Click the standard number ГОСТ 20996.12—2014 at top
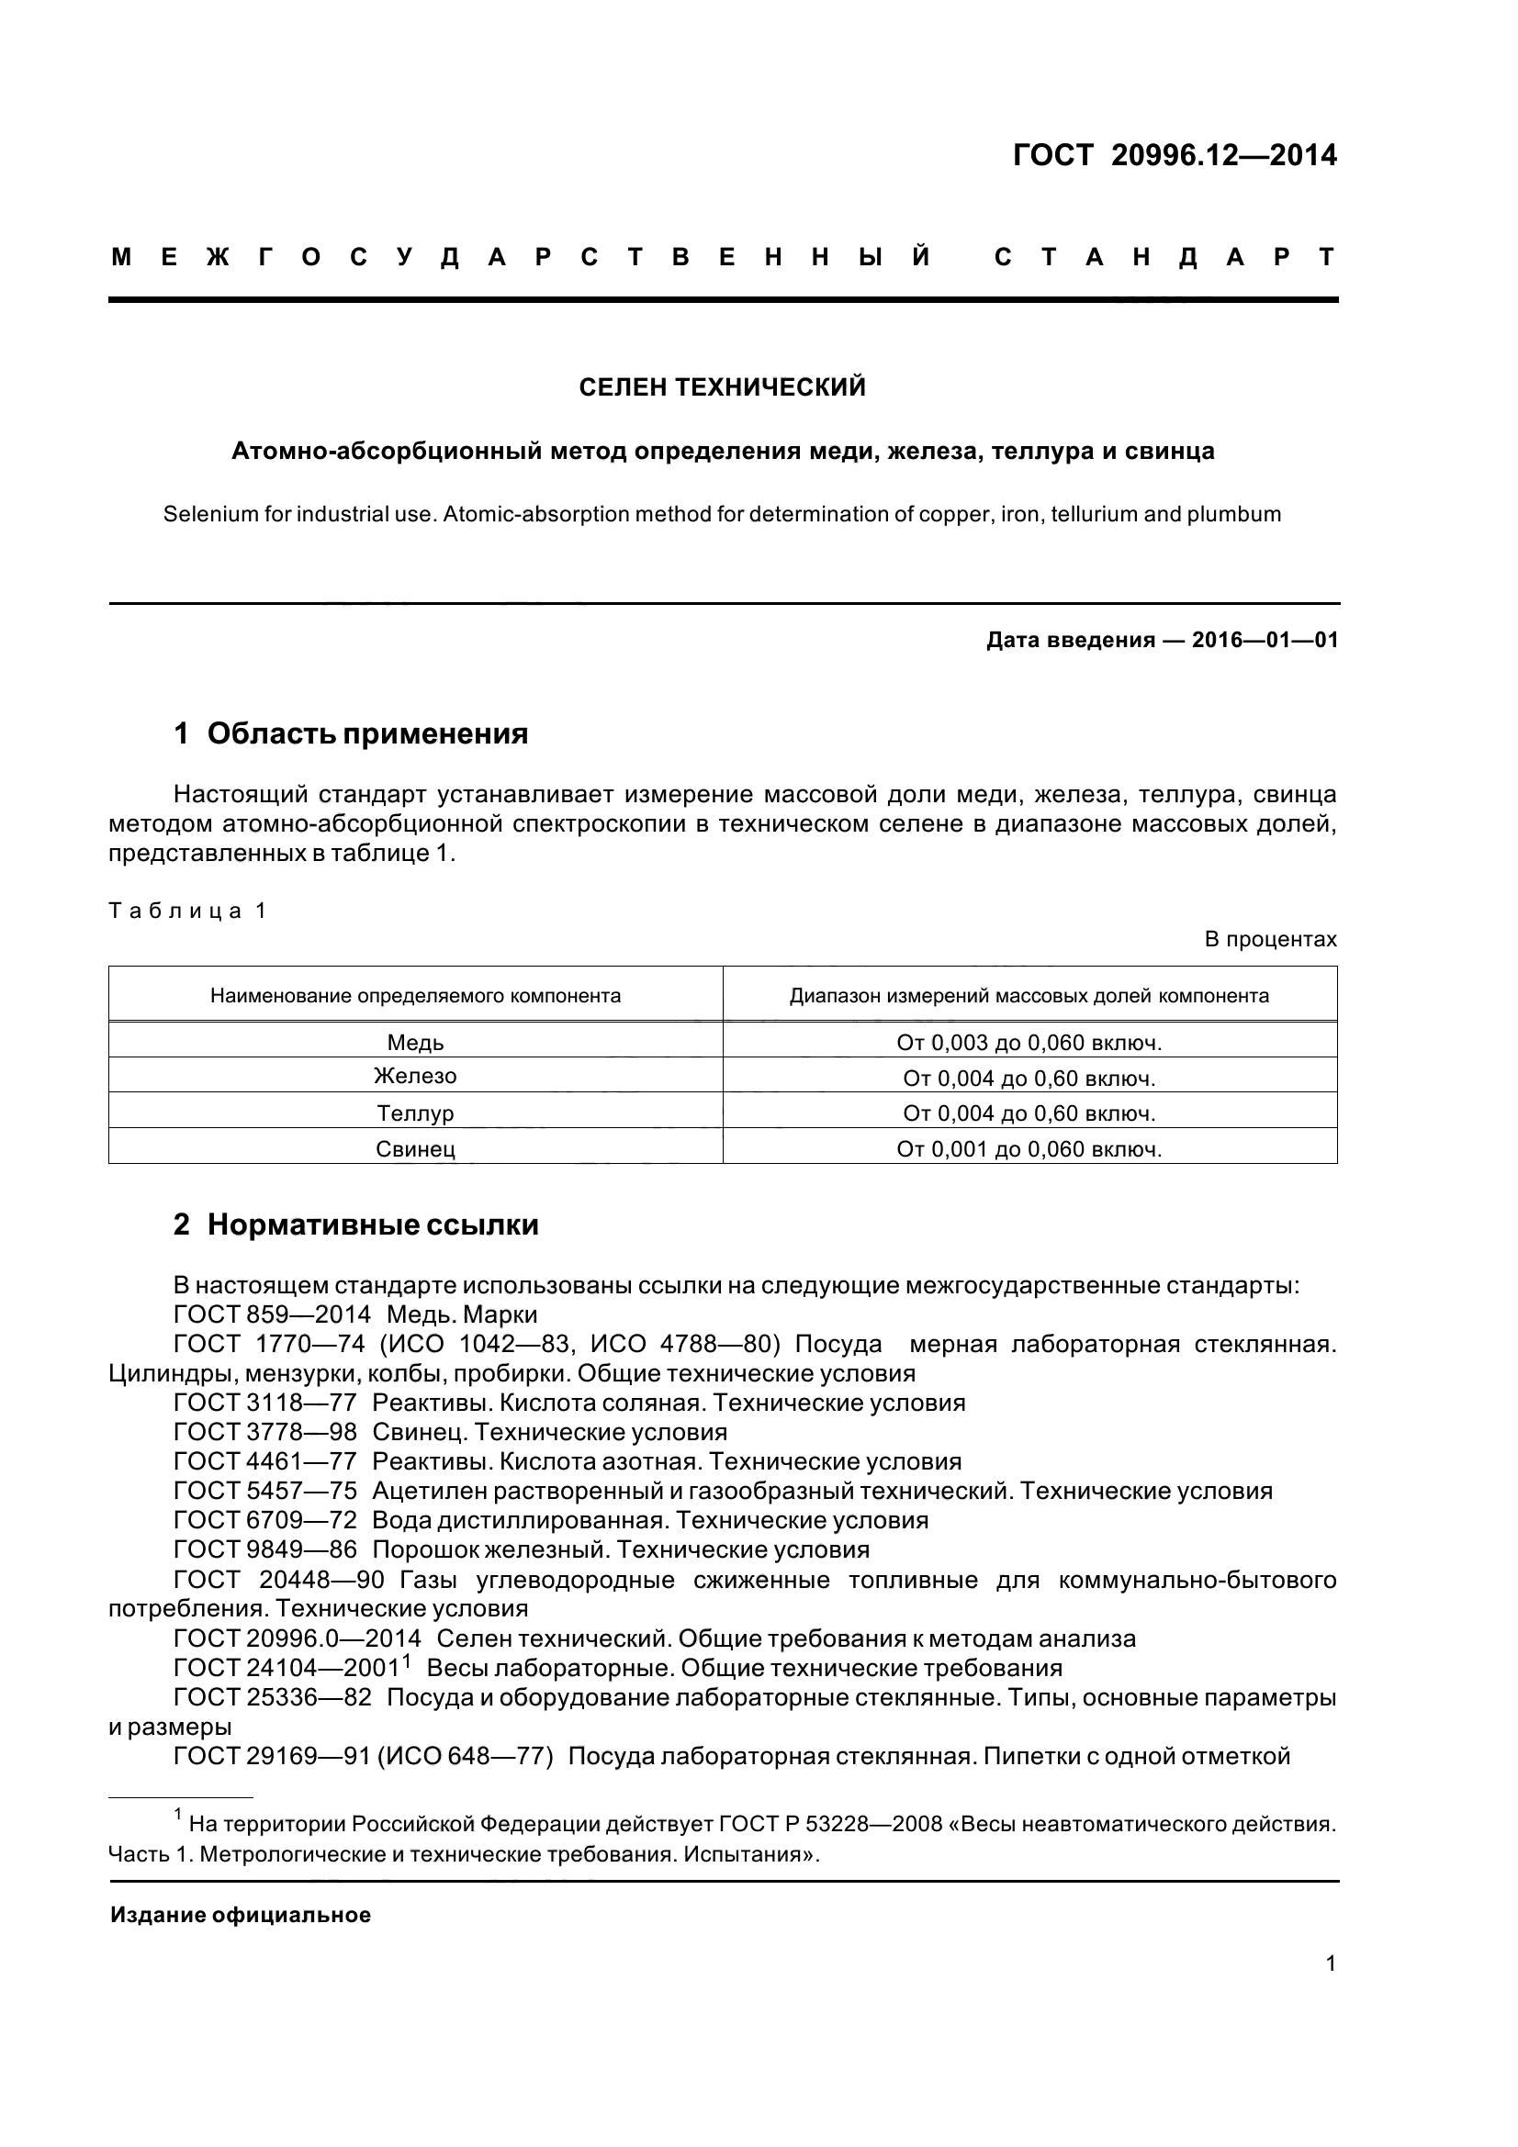[x=1175, y=155]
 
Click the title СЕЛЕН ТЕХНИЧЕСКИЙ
[x=722, y=387]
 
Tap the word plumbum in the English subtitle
[x=1233, y=514]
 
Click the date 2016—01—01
[x=1265, y=641]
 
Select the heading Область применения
[x=367, y=734]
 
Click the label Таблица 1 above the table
[x=188, y=911]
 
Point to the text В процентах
[x=1270, y=939]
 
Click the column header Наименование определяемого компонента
[x=415, y=996]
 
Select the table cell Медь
[x=415, y=1043]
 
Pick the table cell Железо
[x=415, y=1077]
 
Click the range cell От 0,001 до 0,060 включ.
[x=1029, y=1149]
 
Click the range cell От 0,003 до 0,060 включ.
[x=1029, y=1043]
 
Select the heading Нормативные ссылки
[x=372, y=1225]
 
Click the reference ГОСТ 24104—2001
[x=289, y=1668]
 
